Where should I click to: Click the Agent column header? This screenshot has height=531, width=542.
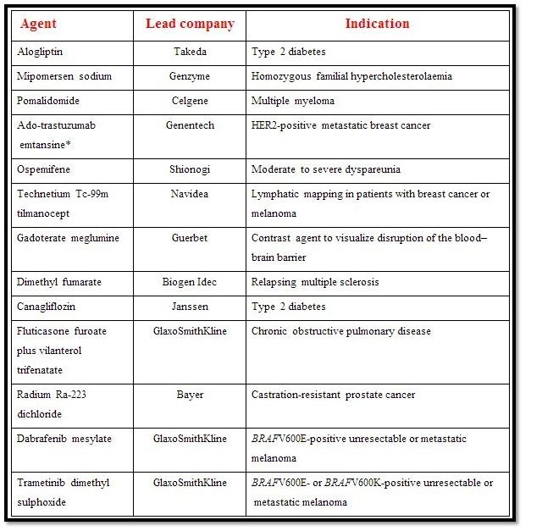point(39,24)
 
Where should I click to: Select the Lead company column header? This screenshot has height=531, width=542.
point(190,24)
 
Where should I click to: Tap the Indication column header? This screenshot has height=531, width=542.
point(378,24)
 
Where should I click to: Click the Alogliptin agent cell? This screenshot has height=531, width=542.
point(44,53)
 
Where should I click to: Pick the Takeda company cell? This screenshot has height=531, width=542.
point(190,53)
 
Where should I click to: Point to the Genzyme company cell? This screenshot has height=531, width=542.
point(190,77)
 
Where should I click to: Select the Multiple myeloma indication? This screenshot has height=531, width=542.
point(293,102)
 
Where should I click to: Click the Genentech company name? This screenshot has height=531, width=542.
point(190,126)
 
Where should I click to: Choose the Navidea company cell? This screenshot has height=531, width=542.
point(190,195)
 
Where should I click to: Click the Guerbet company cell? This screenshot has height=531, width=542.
point(190,239)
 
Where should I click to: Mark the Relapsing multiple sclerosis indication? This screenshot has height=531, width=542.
point(315,282)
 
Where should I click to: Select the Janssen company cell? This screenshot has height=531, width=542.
point(190,307)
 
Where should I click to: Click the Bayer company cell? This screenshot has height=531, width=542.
point(190,395)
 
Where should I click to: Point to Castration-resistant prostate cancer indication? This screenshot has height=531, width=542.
point(333,395)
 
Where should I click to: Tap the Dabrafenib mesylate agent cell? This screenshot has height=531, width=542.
point(64,440)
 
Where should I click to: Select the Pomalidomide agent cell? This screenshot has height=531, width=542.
point(49,102)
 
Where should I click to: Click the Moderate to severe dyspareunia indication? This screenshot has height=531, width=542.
point(320,169)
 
